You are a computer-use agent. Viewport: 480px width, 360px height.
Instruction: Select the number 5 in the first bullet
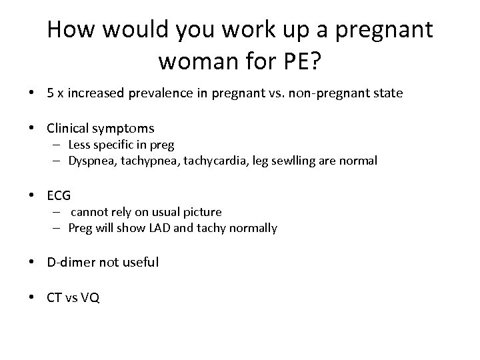pyautogui.click(x=51, y=93)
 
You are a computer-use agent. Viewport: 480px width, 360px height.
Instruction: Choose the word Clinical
pyautogui.click(x=70, y=128)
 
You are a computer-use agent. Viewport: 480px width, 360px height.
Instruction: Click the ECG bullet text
pyautogui.click(x=59, y=196)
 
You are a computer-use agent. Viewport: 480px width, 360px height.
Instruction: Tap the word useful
pyautogui.click(x=140, y=262)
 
